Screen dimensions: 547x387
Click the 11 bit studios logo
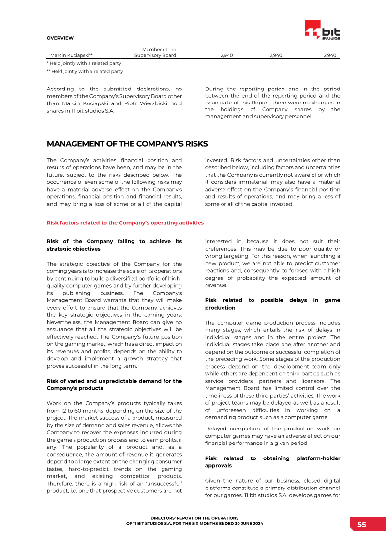(x=323, y=30)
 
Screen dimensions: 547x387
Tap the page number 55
(x=362, y=525)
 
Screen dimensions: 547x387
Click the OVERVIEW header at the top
(x=60, y=38)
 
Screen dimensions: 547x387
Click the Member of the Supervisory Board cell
(x=155, y=52)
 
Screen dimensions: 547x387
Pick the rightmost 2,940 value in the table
(x=329, y=55)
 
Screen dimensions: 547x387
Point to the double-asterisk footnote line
(x=85, y=71)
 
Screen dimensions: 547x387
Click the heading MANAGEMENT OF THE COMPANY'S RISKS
(x=127, y=144)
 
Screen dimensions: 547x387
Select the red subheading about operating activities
(x=125, y=223)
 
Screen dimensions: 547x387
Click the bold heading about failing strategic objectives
(x=114, y=245)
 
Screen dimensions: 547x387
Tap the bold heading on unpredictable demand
(x=114, y=384)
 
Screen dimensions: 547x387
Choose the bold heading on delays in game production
(x=272, y=304)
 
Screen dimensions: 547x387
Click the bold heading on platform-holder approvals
(x=272, y=461)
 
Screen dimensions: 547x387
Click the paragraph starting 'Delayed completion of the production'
(x=272, y=436)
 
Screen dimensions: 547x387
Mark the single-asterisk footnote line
(x=84, y=63)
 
